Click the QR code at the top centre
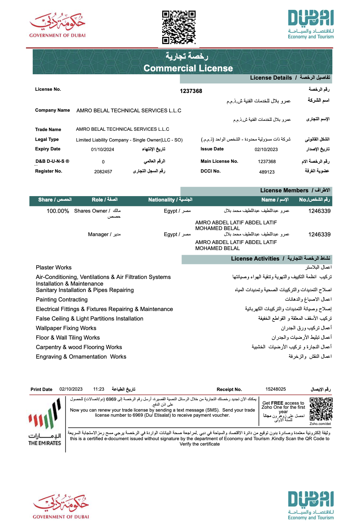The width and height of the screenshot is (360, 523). [x=179, y=27]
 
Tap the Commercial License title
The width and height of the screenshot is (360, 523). [x=188, y=68]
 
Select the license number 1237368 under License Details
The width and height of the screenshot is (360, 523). [x=191, y=91]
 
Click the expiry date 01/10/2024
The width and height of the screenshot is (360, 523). [x=103, y=149]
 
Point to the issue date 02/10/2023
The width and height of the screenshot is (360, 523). [x=266, y=149]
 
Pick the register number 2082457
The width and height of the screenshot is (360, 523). [x=103, y=172]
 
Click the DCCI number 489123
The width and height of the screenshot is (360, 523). [x=267, y=172]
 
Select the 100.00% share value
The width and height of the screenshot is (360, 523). [x=58, y=211]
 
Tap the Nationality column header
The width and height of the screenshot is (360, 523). [x=170, y=200]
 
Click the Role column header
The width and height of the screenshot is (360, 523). [x=104, y=200]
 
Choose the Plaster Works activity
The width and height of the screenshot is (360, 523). [x=54, y=268]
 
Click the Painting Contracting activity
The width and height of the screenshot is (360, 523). [x=62, y=300]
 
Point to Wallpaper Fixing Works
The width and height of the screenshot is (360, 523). [x=66, y=328]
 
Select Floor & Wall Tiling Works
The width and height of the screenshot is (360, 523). [x=68, y=338]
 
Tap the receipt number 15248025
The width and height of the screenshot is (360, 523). [x=276, y=389]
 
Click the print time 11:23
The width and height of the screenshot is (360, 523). [x=99, y=389]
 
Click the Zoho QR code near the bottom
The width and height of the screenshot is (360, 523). [x=321, y=409]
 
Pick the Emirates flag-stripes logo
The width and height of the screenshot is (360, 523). [x=45, y=414]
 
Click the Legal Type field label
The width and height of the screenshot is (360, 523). [x=47, y=139]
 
